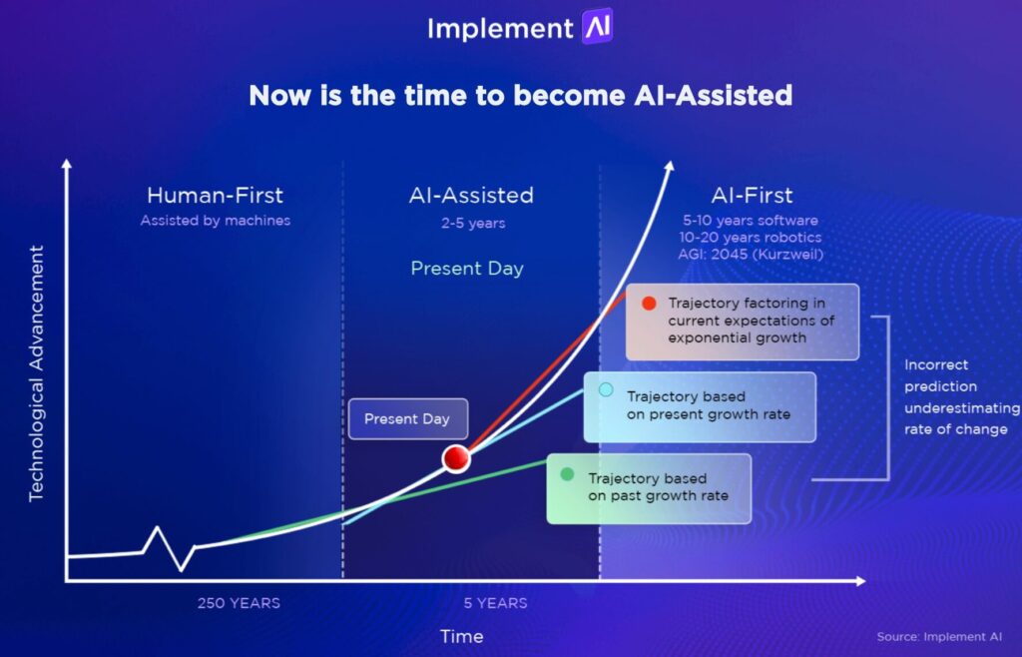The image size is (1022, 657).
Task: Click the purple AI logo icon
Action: [x=597, y=27]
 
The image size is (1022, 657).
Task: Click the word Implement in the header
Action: [x=501, y=29]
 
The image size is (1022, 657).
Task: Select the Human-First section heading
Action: [x=215, y=196]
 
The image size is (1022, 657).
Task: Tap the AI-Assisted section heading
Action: [x=471, y=196]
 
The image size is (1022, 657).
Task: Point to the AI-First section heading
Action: [x=752, y=196]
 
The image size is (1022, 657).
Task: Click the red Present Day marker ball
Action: [x=456, y=458]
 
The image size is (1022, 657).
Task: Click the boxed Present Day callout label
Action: [x=407, y=419]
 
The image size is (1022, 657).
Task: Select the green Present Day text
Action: [x=466, y=268]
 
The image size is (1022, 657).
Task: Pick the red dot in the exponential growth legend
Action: [x=650, y=303]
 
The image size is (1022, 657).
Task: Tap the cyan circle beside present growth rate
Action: [x=606, y=389]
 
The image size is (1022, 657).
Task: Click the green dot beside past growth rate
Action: [x=567, y=473]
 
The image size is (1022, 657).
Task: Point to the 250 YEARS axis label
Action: [x=239, y=603]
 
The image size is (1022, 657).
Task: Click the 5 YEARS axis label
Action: [x=495, y=603]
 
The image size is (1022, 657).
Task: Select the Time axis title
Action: [x=461, y=636]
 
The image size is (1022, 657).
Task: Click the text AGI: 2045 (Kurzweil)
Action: [x=752, y=254]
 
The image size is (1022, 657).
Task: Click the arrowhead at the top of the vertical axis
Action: [x=66, y=165]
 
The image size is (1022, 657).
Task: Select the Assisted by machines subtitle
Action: [x=215, y=221]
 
